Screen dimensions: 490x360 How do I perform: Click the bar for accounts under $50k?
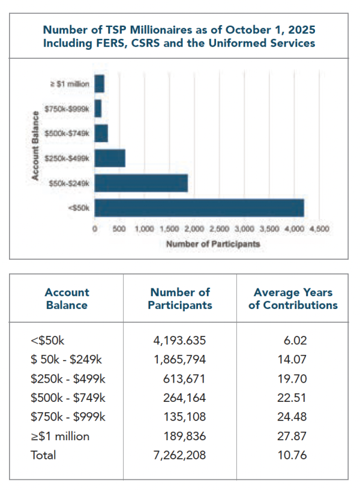[x=199, y=207]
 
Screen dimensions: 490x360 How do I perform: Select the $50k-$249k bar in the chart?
[x=141, y=183]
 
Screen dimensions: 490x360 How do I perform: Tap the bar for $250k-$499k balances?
[x=110, y=158]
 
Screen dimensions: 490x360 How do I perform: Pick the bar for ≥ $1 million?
[x=100, y=84]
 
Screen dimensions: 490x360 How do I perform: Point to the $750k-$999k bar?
[x=98, y=109]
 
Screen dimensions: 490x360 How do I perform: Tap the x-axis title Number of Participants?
[x=213, y=244]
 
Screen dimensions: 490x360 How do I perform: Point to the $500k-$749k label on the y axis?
[x=67, y=133]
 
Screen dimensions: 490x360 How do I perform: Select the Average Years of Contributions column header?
[x=293, y=299]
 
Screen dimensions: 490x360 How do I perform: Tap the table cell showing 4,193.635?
[x=180, y=341]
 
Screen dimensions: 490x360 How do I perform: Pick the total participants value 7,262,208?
[x=180, y=455]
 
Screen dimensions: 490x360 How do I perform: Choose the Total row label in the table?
[x=43, y=455]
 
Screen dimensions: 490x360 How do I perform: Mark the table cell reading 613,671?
[x=184, y=379]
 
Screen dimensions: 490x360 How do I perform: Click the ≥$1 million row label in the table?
[x=59, y=436]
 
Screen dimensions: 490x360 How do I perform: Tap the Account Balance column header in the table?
[x=67, y=299]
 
